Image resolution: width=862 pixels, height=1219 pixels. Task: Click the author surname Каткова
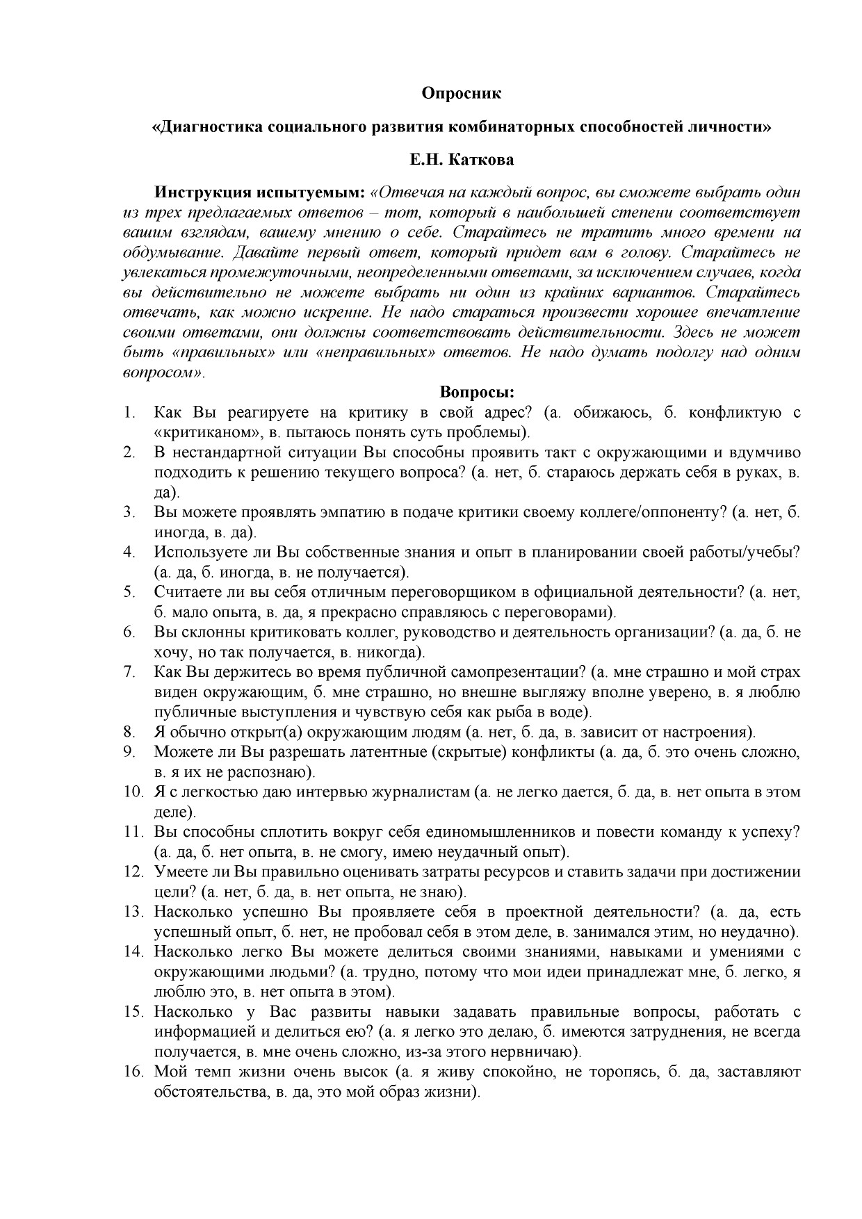[481, 160]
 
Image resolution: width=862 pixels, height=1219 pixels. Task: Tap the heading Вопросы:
[477, 392]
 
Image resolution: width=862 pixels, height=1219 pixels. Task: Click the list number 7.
[129, 672]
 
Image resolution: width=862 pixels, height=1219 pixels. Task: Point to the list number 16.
[133, 1071]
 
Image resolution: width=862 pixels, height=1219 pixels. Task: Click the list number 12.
[133, 872]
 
